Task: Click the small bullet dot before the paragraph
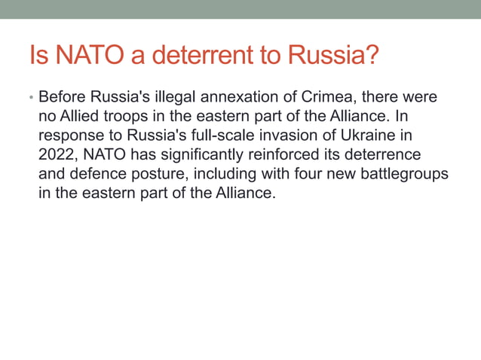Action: coord(32,99)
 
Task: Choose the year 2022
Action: coord(56,155)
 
